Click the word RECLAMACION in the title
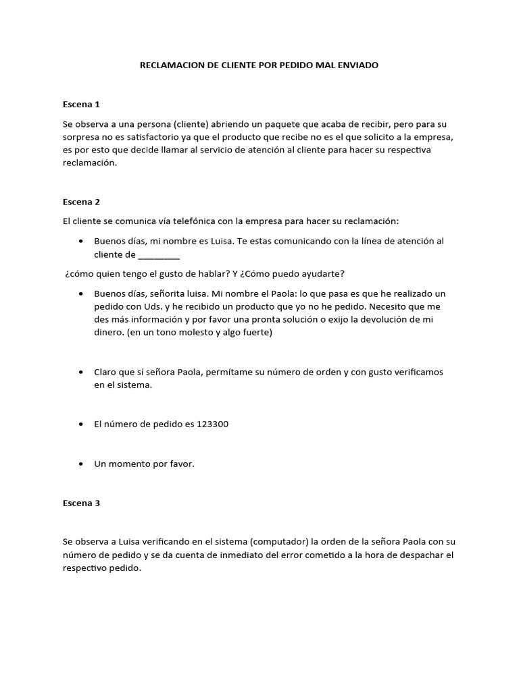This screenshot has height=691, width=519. [171, 65]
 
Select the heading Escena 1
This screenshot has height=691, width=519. [81, 104]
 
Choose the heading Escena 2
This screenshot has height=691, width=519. [81, 202]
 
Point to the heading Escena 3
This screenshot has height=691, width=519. [81, 503]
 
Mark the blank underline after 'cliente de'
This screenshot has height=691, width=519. [159, 254]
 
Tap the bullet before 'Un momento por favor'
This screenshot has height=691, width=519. [81, 464]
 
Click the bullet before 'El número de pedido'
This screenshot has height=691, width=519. [81, 424]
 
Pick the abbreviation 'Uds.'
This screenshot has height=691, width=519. [153, 307]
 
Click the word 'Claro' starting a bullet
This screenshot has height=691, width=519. [107, 372]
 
